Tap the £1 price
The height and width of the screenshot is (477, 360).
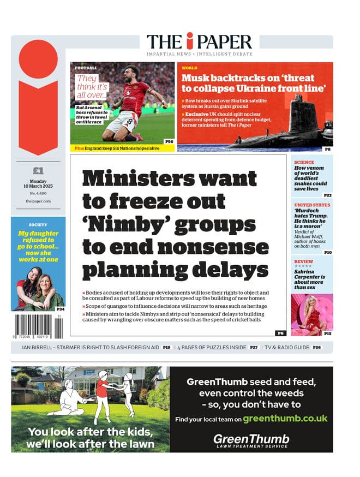[38, 171]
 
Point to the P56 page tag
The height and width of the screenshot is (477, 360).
[169, 141]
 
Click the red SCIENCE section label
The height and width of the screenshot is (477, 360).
[304, 162]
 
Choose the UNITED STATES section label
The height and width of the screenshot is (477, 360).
[312, 205]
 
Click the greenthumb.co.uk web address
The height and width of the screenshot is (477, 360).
[285, 419]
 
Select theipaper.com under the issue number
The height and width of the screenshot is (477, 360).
[38, 201]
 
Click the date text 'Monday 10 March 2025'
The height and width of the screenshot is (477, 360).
[38, 184]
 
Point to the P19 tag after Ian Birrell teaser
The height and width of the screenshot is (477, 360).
[166, 347]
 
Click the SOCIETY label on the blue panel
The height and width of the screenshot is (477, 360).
[38, 224]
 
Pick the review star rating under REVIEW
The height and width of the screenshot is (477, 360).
[303, 266]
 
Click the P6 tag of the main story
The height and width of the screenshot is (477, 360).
[280, 332]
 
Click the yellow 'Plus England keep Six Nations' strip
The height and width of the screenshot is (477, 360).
[117, 148]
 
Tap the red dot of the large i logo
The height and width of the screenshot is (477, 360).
[38, 58]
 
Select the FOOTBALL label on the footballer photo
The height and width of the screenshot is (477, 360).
[86, 68]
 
